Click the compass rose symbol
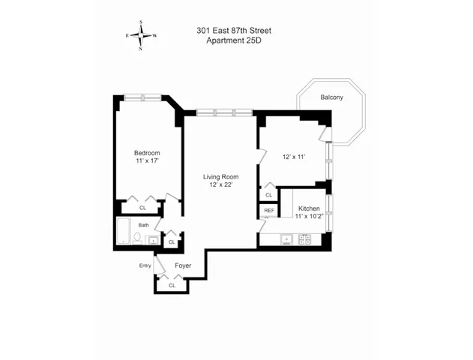tap(140, 35)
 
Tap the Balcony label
tap(331, 97)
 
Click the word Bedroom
tap(147, 153)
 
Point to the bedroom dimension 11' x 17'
tap(147, 161)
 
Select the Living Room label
tap(221, 176)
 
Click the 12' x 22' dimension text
tap(221, 184)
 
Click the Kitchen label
tap(310, 208)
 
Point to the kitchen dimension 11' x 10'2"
tap(310, 216)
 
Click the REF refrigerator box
tap(268, 211)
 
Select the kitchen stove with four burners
tap(305, 239)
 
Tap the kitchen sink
tap(285, 239)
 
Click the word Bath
tap(143, 225)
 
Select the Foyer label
tap(183, 265)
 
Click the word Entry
tap(145, 265)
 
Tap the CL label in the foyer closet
tap(172, 285)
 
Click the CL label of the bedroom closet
tap(143, 208)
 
